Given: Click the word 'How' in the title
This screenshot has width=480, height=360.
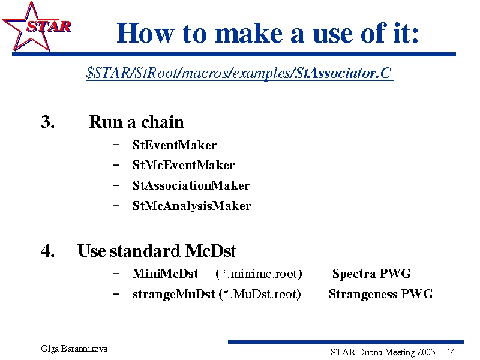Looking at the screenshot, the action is coord(146,33).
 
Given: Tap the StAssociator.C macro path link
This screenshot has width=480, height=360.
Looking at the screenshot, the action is coord(239,73).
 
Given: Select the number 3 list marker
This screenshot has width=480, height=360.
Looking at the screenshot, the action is coord(48,122).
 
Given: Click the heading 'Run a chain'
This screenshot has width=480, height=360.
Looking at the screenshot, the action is coord(137,122).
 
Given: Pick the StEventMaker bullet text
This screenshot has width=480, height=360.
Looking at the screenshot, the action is coord(175,145).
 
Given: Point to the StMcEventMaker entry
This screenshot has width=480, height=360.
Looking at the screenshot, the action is coord(184,166).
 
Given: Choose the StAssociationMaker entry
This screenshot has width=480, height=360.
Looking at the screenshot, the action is coord(191,185).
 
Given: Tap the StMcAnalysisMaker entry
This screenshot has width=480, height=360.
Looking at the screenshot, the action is coord(191,206).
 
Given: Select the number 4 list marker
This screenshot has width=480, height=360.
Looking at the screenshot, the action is coord(48,251).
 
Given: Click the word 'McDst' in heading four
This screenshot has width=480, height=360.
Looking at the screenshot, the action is coord(211,251).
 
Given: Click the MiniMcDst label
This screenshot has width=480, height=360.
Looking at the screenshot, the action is coord(166,274).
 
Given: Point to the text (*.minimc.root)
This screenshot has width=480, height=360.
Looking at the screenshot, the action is coord(259,274).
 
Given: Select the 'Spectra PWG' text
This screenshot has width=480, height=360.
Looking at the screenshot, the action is coord(371,274).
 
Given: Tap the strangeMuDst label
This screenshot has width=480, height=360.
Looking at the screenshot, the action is coord(173,294).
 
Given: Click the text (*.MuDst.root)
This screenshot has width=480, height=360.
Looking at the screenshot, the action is coord(260,294).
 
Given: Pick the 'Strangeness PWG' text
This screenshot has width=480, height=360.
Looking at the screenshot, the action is coord(381,294).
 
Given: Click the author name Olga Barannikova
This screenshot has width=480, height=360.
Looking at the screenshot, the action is coord(74,349).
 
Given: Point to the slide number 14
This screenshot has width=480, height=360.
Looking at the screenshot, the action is coord(451,352).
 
